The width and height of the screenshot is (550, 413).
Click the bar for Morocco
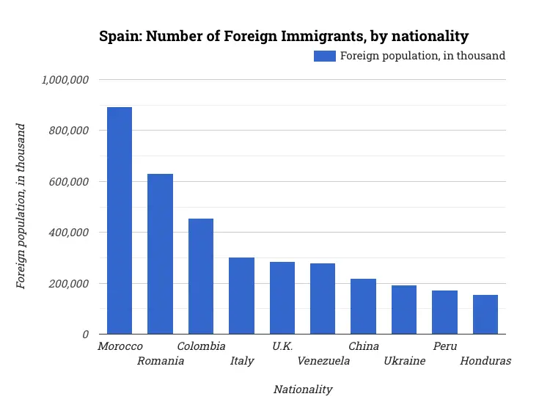(x=120, y=221)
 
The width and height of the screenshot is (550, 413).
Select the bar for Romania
(x=160, y=254)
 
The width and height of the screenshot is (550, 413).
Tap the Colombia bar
(x=201, y=277)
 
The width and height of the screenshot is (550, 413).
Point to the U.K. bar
(x=282, y=298)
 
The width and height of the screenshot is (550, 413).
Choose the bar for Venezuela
(x=323, y=299)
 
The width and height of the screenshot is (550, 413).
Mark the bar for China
(x=363, y=307)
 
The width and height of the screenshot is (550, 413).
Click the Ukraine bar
(x=404, y=310)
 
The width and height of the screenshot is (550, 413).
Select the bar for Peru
(x=444, y=313)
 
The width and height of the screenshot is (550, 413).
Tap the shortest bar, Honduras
(x=485, y=315)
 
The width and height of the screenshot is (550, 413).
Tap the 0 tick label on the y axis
(x=86, y=335)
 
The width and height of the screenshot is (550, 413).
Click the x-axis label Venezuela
(x=323, y=361)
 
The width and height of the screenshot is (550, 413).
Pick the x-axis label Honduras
(x=485, y=361)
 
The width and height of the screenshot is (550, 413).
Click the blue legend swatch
(x=324, y=56)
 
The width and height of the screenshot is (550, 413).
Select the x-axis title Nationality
(x=302, y=390)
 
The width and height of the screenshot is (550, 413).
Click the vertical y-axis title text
(x=21, y=206)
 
